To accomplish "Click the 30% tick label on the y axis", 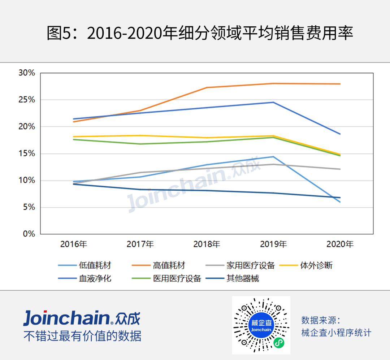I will (27, 73).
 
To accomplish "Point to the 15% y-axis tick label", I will (27, 153).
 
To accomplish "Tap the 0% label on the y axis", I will (29, 234).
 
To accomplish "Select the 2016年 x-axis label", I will (73, 244).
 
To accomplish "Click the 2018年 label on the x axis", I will (207, 244).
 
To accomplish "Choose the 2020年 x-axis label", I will (340, 244).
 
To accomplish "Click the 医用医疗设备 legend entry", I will (177, 278).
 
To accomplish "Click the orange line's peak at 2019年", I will (273, 83).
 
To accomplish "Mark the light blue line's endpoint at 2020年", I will (340, 202).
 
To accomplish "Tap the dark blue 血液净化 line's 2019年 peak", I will (273, 102).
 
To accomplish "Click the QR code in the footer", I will (261, 325).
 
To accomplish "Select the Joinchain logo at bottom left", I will (82, 318).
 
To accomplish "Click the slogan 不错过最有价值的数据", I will (82, 336).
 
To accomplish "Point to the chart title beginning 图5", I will (200, 34).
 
